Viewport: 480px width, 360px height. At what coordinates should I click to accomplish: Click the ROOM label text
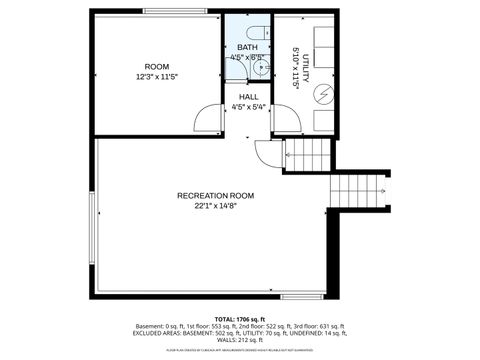point(156,66)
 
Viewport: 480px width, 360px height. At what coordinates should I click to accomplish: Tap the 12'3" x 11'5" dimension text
point(156,77)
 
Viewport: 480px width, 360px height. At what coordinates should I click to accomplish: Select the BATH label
point(247,47)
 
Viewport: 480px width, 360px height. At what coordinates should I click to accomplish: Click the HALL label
point(248,97)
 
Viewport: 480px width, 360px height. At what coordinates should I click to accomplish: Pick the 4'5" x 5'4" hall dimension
point(248,107)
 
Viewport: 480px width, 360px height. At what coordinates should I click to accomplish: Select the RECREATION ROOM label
point(215,195)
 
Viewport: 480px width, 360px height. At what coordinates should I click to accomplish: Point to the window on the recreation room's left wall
point(93,225)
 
